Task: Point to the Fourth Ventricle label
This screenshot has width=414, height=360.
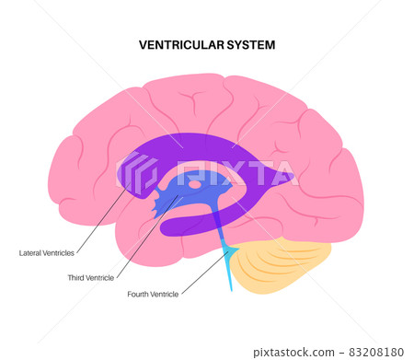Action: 153,295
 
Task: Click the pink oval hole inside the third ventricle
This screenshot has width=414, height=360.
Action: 195,184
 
